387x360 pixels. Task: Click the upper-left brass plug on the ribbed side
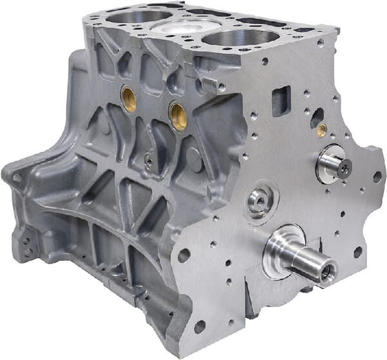[x=129, y=99]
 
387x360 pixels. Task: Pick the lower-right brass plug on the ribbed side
[x=178, y=115]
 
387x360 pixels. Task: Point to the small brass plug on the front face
[x=321, y=130]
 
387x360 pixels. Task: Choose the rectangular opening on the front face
[x=281, y=101]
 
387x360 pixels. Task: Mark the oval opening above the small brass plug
[x=317, y=117]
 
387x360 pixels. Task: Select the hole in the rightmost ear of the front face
[x=377, y=176]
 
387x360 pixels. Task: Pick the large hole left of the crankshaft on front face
[x=184, y=255]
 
